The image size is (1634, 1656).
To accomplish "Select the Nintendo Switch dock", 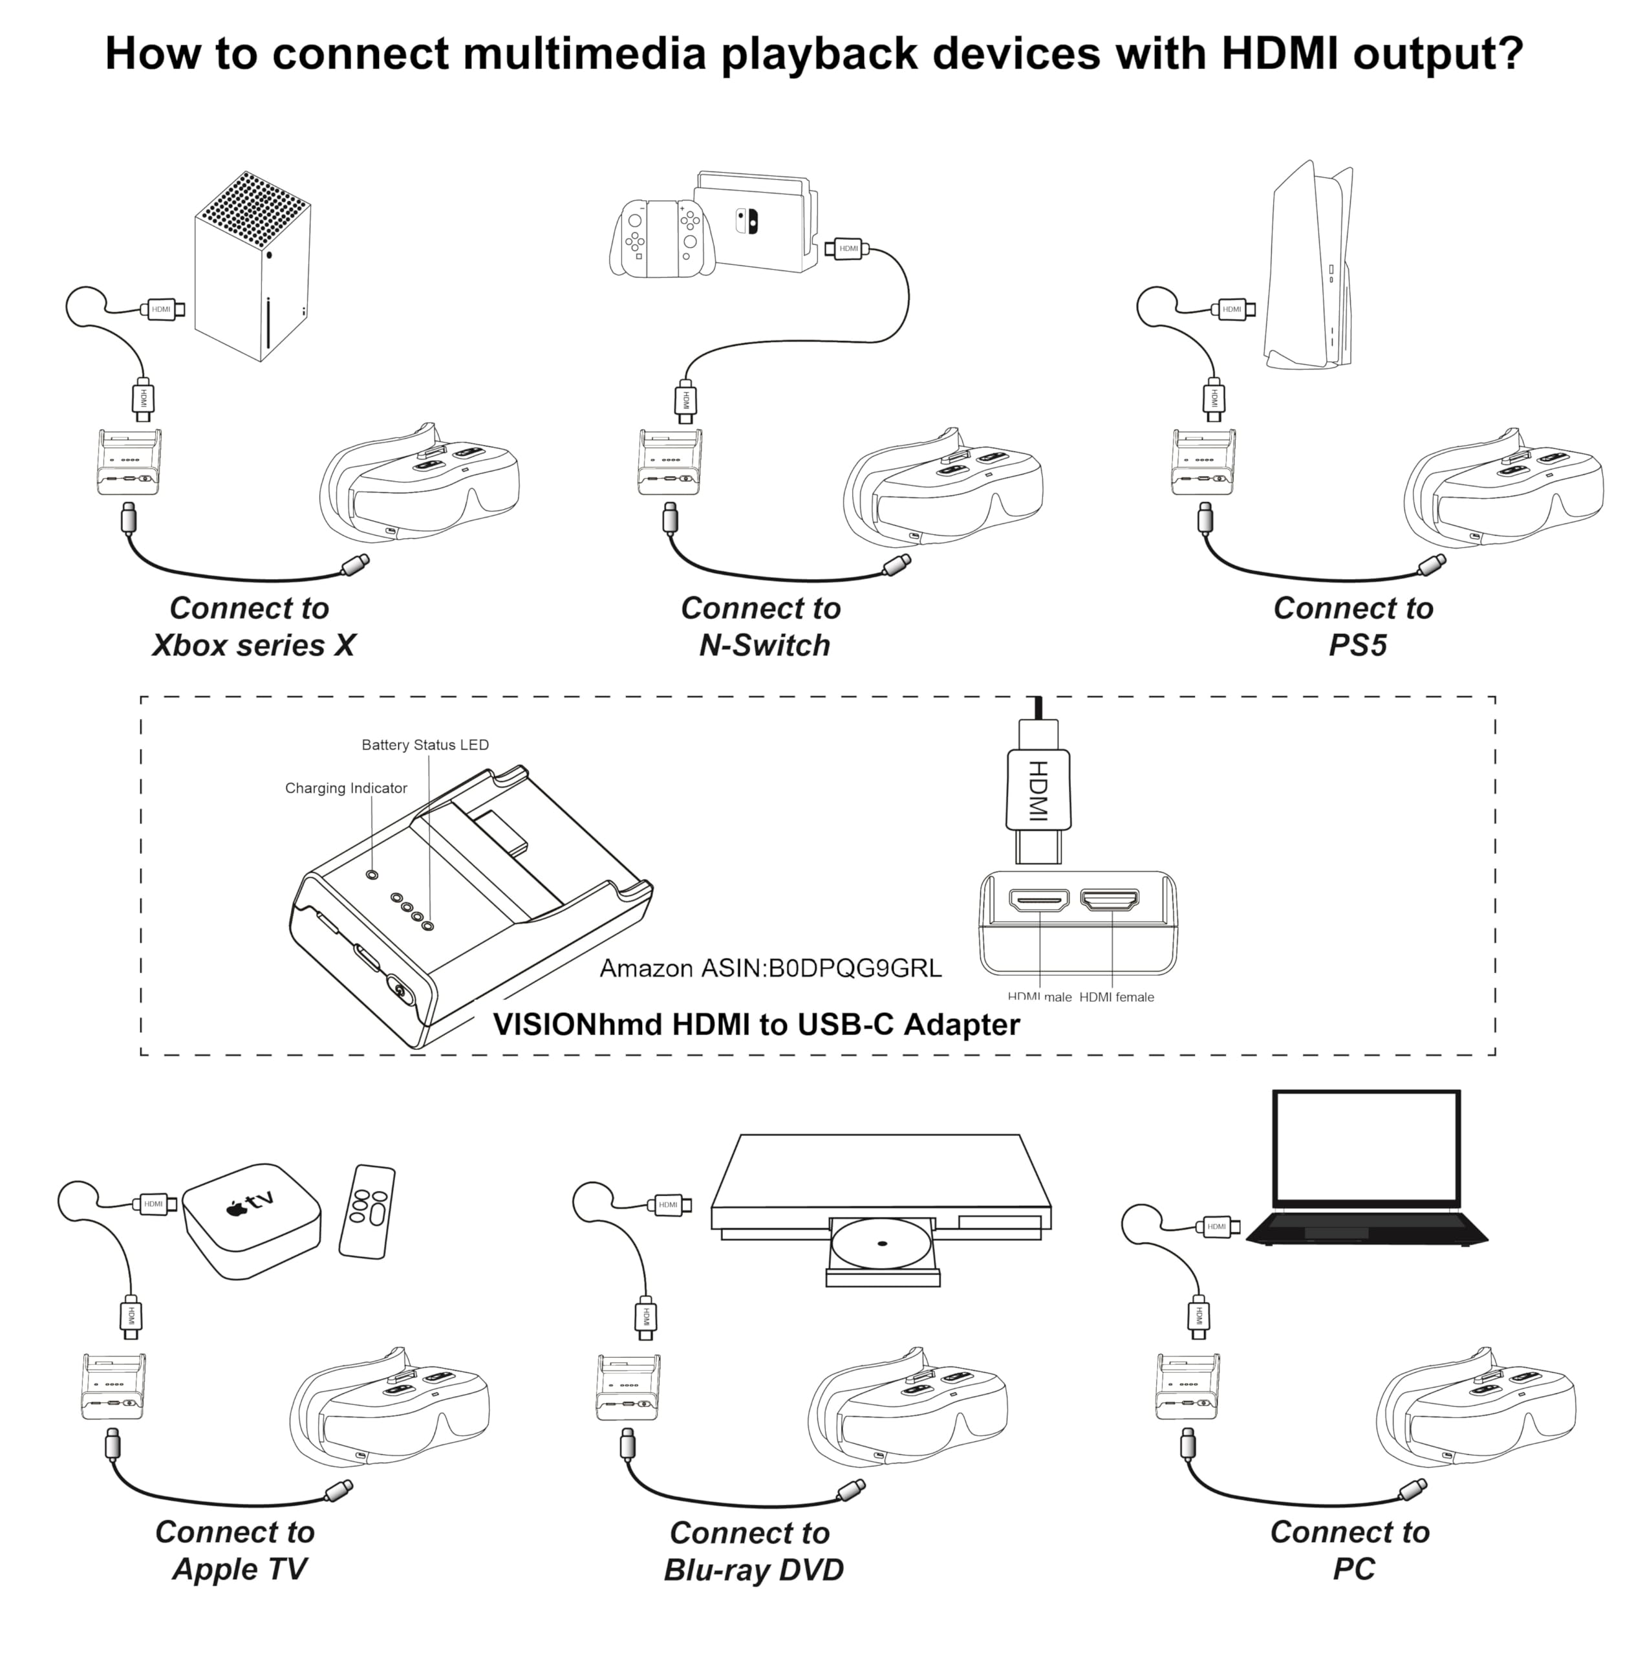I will click(754, 223).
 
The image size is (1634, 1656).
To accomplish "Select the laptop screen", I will click(1365, 1147).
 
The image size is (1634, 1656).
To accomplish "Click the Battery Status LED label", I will click(425, 745).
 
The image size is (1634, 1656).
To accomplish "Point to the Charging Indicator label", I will click(345, 788).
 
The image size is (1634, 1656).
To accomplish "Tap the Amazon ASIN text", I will click(769, 968).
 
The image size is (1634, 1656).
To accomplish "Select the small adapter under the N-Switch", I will click(669, 464).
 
